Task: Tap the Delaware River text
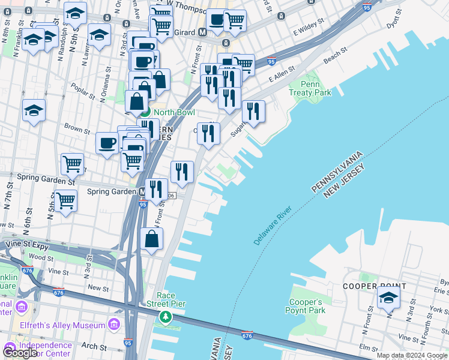click(272, 225)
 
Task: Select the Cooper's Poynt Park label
click(307, 306)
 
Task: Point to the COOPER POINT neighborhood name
click(367, 286)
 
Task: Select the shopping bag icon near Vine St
click(152, 238)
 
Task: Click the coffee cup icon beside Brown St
click(107, 143)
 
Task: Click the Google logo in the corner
click(20, 353)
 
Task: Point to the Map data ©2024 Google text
click(412, 355)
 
